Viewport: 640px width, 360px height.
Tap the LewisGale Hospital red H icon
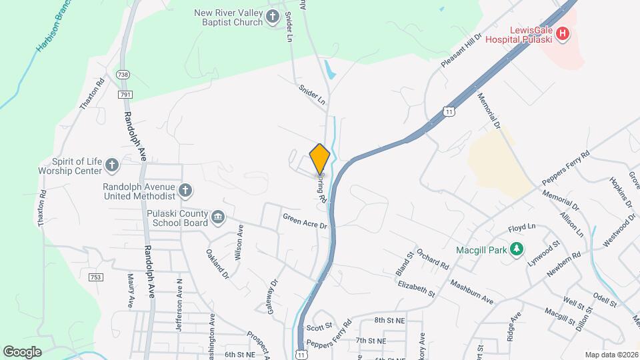click(563, 33)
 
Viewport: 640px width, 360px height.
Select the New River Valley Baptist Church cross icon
click(273, 17)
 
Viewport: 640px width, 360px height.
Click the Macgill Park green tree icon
click(516, 249)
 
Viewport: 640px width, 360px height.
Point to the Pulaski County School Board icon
click(218, 218)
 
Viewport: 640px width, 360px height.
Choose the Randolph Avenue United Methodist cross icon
click(185, 191)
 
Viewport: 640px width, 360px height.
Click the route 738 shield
click(123, 74)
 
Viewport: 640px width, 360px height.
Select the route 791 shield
click(125, 95)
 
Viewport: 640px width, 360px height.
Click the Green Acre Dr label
click(305, 221)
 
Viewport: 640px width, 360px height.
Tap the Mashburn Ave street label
click(471, 291)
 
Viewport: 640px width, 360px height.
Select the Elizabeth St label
click(416, 289)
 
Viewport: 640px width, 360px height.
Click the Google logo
click(23, 351)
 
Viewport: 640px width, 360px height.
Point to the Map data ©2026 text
click(611, 355)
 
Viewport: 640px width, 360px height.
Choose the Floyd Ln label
click(522, 228)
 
